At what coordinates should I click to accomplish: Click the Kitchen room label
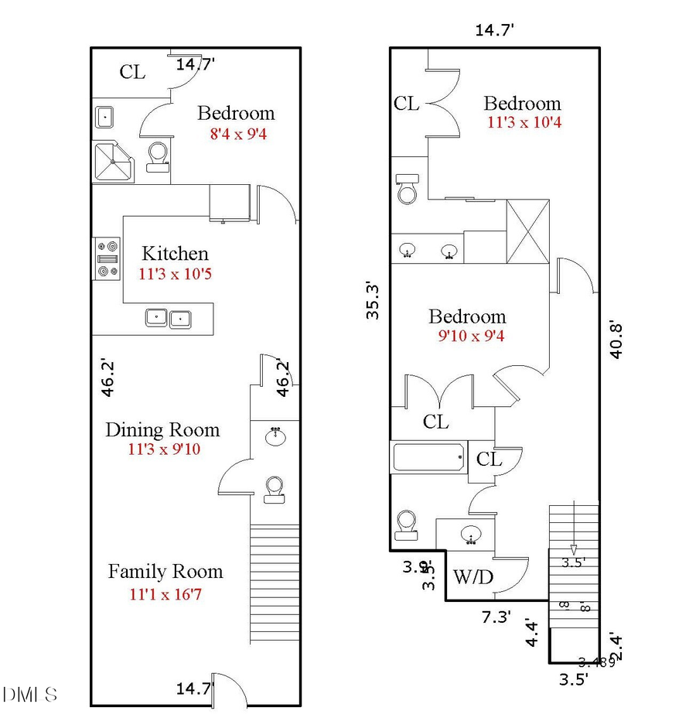[x=175, y=253]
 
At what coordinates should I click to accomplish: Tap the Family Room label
[x=165, y=572]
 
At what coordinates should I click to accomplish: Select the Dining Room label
[x=162, y=430]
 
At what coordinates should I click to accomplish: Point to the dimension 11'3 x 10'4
[x=523, y=123]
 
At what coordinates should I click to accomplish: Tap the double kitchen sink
[x=169, y=317]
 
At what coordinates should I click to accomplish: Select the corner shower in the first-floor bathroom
[x=112, y=161]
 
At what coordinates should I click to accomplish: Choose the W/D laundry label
[x=473, y=577]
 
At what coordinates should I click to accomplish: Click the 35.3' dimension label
[x=374, y=300]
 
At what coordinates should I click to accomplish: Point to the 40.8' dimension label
[x=616, y=339]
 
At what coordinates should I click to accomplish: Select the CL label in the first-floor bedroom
[x=132, y=72]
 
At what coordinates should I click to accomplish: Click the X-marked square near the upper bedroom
[x=528, y=231]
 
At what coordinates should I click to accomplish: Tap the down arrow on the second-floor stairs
[x=573, y=527]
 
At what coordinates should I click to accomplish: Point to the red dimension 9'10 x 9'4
[x=468, y=336]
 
